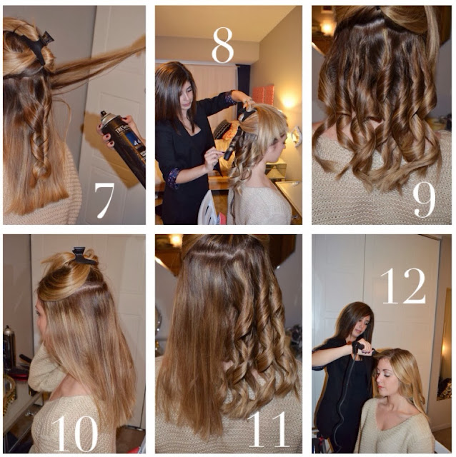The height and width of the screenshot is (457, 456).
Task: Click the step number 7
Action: (104, 200)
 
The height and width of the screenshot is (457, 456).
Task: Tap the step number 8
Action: (222, 45)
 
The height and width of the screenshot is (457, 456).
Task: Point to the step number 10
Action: (74, 433)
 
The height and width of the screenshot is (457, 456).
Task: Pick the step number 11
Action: (267, 429)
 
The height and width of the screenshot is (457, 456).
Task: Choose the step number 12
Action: (402, 286)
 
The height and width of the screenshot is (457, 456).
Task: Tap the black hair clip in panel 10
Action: (84, 256)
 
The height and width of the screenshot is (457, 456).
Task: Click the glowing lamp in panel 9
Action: (327, 29)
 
